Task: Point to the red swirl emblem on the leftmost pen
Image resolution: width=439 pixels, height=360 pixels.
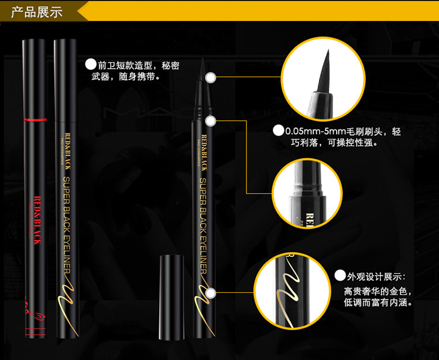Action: coord(33,304)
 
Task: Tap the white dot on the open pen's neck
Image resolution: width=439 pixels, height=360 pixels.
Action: coord(212,121)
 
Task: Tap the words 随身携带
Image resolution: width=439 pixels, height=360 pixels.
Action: coord(139,77)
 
